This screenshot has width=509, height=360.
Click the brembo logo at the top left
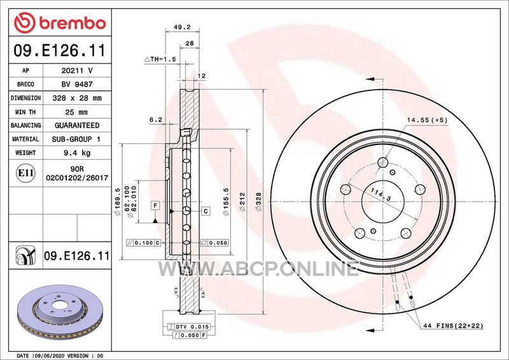(60, 23)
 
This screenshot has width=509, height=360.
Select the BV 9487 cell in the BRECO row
(77, 85)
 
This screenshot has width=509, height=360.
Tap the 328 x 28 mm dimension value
(77, 98)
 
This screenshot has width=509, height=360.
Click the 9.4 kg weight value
(77, 153)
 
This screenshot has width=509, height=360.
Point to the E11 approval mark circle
(25, 173)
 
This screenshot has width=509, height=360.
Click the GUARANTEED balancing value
(77, 125)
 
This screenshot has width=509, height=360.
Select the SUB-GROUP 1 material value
(76, 139)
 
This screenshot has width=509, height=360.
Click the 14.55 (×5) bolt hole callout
(427, 120)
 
